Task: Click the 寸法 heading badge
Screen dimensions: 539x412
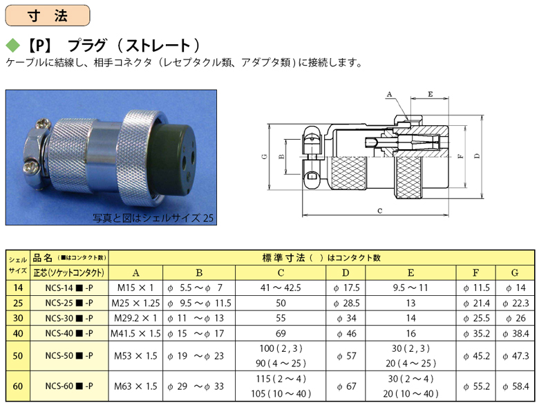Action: tap(48, 15)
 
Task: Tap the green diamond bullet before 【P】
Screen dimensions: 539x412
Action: tap(13, 46)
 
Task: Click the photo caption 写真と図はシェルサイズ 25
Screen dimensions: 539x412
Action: tap(153, 218)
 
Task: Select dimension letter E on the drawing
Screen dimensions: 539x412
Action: tap(430, 94)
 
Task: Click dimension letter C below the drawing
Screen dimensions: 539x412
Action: tap(379, 210)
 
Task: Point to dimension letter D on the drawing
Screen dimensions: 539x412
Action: tap(477, 156)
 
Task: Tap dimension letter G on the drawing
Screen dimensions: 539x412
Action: tap(265, 157)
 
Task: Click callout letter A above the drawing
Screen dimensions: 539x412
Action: tap(389, 94)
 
